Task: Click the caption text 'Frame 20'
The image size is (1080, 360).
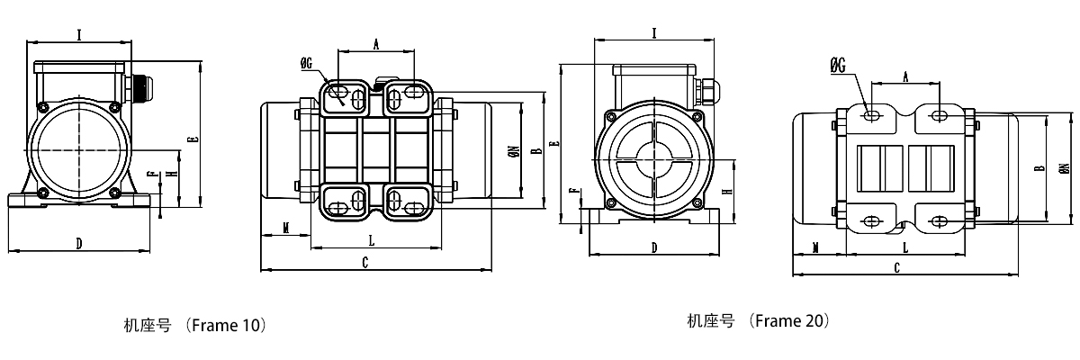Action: coord(790,320)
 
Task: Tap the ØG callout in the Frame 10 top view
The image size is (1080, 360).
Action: coord(307,63)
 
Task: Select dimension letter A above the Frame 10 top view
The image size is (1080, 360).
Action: coord(376,42)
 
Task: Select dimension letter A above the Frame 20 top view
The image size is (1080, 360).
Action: coord(904,76)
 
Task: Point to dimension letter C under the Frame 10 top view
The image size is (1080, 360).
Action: coord(364,262)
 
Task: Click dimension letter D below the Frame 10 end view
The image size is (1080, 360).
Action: coord(79,243)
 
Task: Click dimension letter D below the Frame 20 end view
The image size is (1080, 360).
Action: coord(653,247)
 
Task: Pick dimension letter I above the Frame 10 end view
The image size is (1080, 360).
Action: coord(80,35)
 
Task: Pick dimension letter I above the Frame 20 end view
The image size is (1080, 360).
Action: coord(653,33)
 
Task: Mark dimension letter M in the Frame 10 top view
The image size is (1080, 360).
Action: coord(285,229)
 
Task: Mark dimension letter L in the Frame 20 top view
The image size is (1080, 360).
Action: coord(904,246)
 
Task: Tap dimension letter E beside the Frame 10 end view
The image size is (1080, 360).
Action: coord(192,139)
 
